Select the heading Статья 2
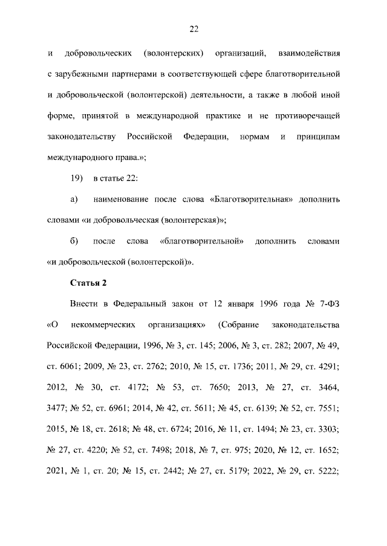[89, 283]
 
